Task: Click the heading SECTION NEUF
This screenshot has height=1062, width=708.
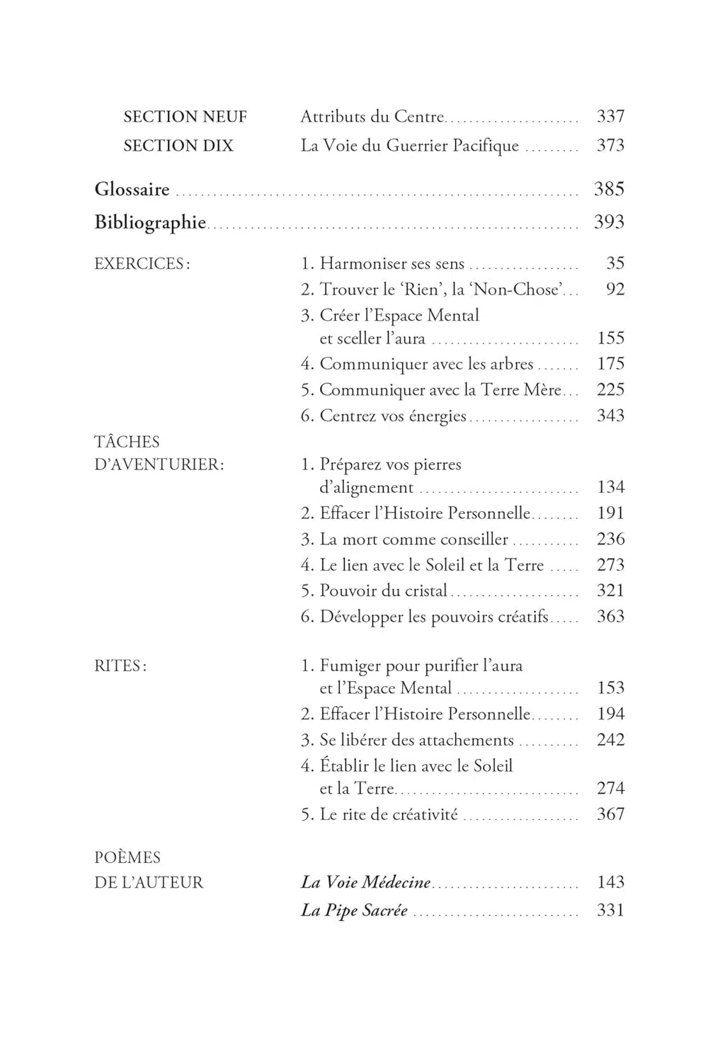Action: (185, 117)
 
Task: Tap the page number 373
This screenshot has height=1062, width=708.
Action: (610, 146)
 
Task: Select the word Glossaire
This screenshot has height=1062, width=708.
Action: (132, 190)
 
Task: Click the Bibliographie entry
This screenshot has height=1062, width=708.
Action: (150, 222)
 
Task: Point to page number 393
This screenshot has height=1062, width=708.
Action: (609, 222)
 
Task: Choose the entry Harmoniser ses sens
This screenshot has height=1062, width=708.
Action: (392, 264)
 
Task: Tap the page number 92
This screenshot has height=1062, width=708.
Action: (615, 290)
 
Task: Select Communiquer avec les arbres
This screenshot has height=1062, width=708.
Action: (426, 364)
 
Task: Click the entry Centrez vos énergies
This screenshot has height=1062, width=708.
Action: (393, 416)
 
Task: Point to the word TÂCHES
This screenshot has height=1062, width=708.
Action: (127, 442)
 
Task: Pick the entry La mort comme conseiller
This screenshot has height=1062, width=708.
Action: (413, 539)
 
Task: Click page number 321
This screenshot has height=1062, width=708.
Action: (610, 590)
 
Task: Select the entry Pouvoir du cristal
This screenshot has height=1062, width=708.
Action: (383, 590)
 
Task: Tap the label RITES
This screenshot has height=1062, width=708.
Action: (120, 666)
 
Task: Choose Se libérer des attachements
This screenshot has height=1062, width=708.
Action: (416, 741)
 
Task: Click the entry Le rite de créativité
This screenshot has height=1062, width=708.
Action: (389, 815)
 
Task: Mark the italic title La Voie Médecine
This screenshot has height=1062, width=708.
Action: (366, 883)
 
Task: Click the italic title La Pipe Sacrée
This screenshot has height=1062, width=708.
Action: (354, 910)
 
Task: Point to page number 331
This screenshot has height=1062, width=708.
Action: (610, 910)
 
